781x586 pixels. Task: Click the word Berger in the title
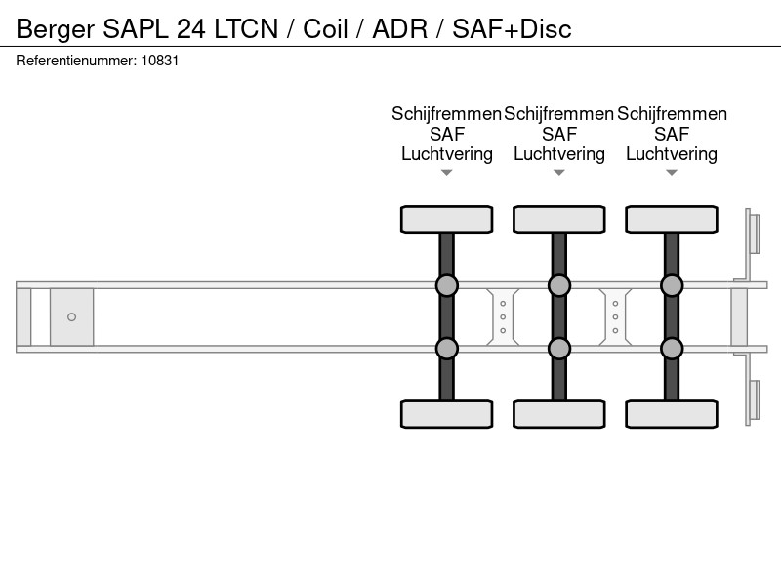(56, 29)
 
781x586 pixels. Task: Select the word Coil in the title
(325, 28)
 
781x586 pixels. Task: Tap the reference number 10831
(160, 61)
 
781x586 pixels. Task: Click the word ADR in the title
(400, 28)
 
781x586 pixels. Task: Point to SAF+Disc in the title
(512, 28)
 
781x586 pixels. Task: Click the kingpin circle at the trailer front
(71, 316)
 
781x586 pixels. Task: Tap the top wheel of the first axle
(447, 220)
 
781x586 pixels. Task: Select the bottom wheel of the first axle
(447, 414)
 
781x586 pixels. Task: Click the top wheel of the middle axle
(559, 220)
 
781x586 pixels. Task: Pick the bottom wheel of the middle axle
(559, 414)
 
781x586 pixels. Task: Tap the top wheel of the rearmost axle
(672, 220)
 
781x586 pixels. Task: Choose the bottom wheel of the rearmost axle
(672, 414)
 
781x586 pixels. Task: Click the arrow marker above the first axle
(447, 173)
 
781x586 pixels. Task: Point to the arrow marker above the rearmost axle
(672, 173)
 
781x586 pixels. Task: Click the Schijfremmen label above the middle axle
(558, 114)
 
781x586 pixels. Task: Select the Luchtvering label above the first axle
(447, 154)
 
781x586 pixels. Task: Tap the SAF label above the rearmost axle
(672, 134)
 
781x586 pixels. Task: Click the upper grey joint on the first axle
(447, 285)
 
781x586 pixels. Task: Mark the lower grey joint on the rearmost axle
(672, 349)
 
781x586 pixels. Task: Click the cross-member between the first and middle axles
(503, 316)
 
